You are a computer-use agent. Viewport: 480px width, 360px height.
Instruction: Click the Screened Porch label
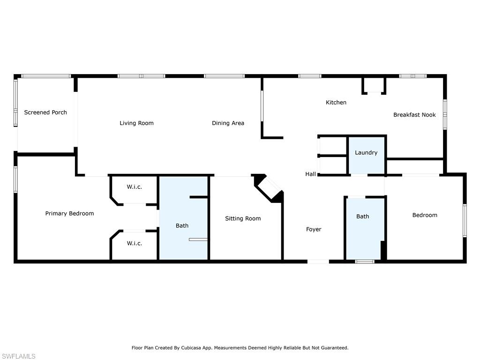(x=45, y=112)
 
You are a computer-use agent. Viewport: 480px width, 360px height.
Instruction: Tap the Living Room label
(x=136, y=123)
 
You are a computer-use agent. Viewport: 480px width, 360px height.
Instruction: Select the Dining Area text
(x=228, y=123)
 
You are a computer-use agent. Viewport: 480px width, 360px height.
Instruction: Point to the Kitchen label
(x=336, y=102)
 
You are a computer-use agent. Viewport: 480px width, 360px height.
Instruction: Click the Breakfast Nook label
(x=414, y=115)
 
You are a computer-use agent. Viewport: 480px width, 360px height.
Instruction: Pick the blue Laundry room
(x=366, y=156)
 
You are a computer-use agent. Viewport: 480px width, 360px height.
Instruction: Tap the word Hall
(x=310, y=174)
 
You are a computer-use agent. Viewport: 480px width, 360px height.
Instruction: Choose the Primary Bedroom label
(x=69, y=213)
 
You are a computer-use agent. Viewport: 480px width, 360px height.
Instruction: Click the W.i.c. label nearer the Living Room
(x=135, y=187)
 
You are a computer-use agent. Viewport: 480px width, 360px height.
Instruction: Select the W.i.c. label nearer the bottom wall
(x=135, y=243)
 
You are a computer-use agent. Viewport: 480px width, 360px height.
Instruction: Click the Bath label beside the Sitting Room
(x=182, y=225)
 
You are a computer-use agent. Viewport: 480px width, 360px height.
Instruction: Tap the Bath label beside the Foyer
(x=362, y=217)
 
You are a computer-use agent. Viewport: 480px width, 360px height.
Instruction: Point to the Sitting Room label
(x=243, y=218)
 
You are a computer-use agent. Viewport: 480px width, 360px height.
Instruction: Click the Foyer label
(x=314, y=229)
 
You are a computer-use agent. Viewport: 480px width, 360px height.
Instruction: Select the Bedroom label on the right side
(x=425, y=215)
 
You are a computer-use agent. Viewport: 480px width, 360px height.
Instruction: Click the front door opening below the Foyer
(x=318, y=262)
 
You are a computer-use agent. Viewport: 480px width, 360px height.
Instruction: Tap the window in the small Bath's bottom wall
(x=365, y=262)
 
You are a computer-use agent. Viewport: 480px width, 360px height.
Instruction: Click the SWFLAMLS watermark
(x=18, y=356)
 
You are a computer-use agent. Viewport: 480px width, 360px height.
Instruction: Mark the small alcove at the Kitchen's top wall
(x=374, y=85)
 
